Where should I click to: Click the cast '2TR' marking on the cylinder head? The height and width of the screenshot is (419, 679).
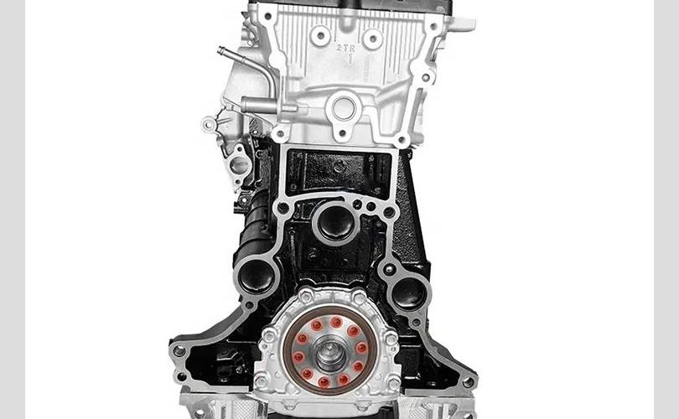coord(345,49)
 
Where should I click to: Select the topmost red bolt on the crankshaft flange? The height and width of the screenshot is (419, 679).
coord(336,322)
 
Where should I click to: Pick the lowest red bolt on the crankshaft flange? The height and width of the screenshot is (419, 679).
coord(324,382)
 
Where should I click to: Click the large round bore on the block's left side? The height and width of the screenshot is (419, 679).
coord(257,276)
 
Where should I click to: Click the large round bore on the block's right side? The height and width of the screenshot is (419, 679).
coord(409,293)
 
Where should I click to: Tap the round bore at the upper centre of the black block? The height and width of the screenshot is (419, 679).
coord(335,221)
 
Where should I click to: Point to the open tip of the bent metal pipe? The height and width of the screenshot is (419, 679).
coord(220,50)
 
